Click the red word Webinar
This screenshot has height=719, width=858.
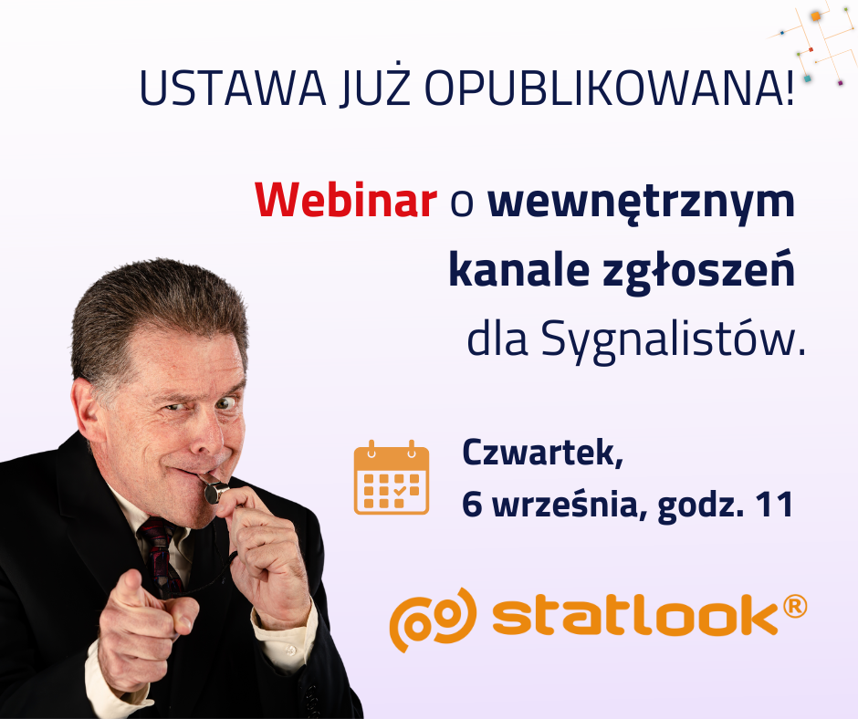[346, 200]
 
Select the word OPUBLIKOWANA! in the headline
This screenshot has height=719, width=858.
[609, 88]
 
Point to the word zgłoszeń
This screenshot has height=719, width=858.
[698, 270]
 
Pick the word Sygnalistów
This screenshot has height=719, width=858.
[673, 339]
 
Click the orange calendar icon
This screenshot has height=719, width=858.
[392, 477]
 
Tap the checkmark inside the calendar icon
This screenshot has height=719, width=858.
[400, 490]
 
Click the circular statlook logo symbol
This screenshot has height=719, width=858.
[433, 620]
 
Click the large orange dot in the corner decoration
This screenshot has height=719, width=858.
[816, 16]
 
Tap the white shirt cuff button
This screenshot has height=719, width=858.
[290, 651]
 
